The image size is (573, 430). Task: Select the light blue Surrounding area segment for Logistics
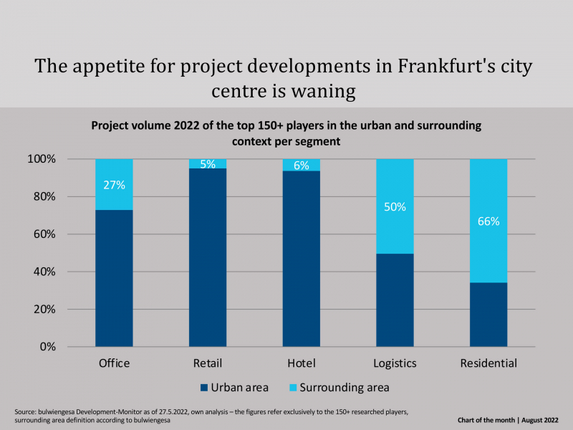coord(395,206)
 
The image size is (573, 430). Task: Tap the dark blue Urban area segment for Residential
coord(488,315)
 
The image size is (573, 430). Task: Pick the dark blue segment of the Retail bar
coord(208,257)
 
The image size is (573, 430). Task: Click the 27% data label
coord(114,185)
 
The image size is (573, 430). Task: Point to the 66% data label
coord(488,221)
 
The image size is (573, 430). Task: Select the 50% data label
coord(395,207)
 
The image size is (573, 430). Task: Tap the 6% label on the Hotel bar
coord(302,166)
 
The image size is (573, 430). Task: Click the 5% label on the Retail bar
coord(208,164)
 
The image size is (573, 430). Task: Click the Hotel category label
coord(302,363)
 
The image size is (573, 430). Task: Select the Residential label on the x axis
coord(488,363)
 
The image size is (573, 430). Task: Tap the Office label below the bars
coord(114,363)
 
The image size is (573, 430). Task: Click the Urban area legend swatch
coord(204,388)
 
